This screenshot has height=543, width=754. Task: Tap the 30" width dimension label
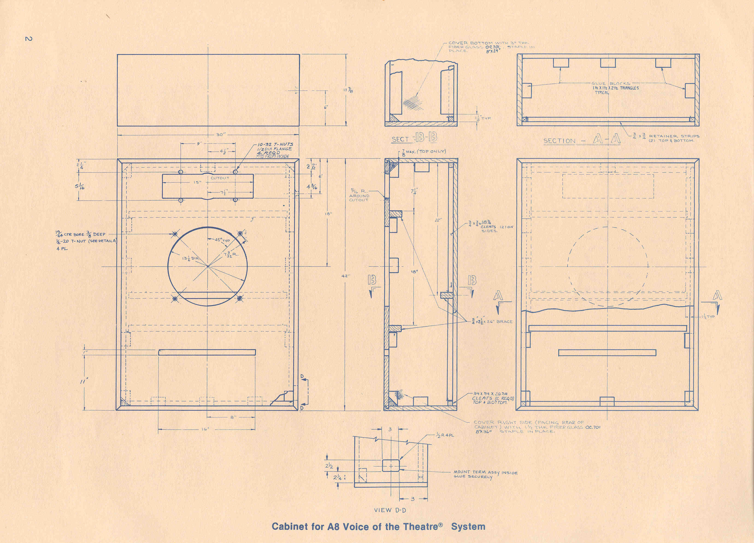tap(220, 135)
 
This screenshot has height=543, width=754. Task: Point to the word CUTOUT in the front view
tap(220, 178)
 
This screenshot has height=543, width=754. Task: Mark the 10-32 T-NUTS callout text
tap(275, 145)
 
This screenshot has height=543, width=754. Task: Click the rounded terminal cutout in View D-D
tap(392, 466)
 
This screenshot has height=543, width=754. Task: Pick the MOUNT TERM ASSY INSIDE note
tap(485, 472)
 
